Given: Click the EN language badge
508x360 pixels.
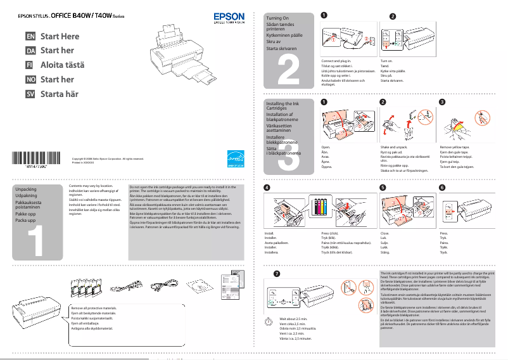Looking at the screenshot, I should (30, 37).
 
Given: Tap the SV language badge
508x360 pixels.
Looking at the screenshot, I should (30, 94).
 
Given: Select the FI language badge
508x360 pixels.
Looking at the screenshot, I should (30, 65).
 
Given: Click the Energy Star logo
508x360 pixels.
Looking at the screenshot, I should (236, 157).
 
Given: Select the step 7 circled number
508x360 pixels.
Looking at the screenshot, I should (276, 273).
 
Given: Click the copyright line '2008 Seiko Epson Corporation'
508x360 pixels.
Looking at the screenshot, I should (108, 158).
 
